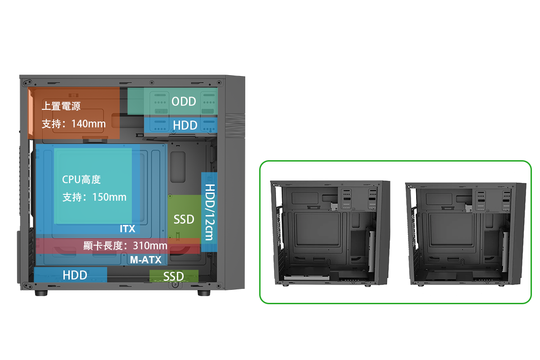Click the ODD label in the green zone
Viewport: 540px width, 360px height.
(184, 102)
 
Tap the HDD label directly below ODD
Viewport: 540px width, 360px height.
(185, 125)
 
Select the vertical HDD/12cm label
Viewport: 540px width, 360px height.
(210, 212)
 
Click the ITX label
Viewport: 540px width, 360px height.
(127, 229)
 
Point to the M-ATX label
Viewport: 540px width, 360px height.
(146, 260)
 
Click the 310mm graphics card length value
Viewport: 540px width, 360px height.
(150, 246)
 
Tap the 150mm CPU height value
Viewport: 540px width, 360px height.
(109, 197)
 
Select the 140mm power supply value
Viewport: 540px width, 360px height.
(89, 124)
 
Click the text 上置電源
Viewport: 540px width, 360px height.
(61, 106)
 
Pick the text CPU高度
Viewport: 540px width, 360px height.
(81, 180)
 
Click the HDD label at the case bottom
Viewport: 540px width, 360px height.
(75, 275)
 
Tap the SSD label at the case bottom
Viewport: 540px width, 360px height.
(173, 276)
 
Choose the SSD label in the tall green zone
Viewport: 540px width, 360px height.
(184, 220)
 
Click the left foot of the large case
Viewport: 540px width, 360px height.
(41, 293)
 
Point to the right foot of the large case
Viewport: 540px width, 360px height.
(204, 293)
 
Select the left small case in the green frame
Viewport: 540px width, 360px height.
(330, 234)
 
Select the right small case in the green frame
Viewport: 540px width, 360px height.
(465, 234)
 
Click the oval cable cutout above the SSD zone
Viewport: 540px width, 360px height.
(178, 167)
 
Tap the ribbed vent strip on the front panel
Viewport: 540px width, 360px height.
(235, 126)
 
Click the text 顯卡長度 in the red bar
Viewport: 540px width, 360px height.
(103, 246)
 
